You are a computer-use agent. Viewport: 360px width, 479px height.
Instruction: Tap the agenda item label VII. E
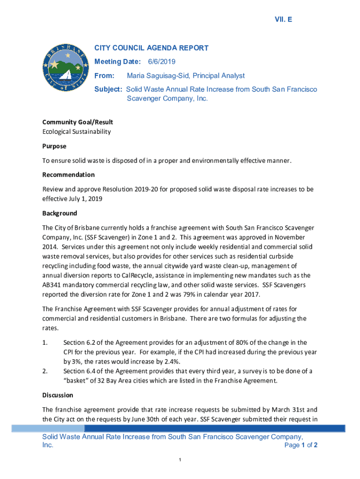283,19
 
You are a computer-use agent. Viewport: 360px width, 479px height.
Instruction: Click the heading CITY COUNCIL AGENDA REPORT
151,48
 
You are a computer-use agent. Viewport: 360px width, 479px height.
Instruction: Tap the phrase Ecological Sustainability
77,131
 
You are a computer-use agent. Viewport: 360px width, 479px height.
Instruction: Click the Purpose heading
54,146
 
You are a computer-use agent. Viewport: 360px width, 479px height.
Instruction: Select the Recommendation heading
68,175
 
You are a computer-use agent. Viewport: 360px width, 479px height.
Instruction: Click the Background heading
59,213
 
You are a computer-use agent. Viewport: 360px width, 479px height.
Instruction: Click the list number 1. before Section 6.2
45,343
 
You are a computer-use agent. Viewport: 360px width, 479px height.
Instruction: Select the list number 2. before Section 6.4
45,371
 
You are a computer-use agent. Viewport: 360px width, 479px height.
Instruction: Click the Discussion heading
58,395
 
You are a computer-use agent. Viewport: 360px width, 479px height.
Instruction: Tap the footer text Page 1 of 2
301,445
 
